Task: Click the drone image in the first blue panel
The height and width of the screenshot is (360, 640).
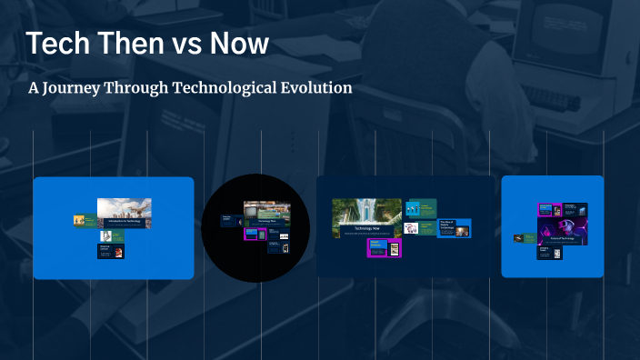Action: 125,209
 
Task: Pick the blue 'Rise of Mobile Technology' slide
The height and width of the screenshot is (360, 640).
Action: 454,228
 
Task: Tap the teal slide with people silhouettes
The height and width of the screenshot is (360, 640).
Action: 421,206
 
